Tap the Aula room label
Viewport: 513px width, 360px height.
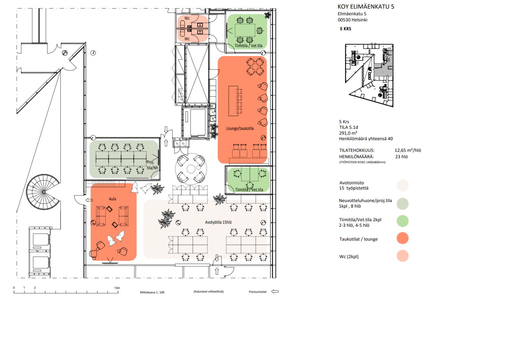pyautogui.click(x=112, y=199)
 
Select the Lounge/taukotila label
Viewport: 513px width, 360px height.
pyautogui.click(x=240, y=129)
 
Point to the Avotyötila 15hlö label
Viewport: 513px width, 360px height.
pyautogui.click(x=218, y=222)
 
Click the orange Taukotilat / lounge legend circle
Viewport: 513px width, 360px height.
pyautogui.click(x=403, y=238)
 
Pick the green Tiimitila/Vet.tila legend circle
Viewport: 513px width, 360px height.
pyautogui.click(x=403, y=221)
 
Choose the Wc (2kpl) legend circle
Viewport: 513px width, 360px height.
pyautogui.click(x=403, y=256)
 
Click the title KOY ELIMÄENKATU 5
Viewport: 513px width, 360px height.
pyautogui.click(x=366, y=6)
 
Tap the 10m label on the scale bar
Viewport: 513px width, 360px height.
pyautogui.click(x=117, y=288)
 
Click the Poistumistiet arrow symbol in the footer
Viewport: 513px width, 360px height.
pyautogui.click(x=275, y=292)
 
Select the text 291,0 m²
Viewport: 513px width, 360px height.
pyautogui.click(x=348, y=133)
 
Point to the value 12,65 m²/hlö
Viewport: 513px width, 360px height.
pyautogui.click(x=408, y=150)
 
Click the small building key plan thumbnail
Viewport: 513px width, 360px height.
pyautogui.click(x=369, y=75)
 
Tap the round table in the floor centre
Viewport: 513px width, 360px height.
pyautogui.click(x=191, y=169)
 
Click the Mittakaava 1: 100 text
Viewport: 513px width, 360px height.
pyautogui.click(x=152, y=292)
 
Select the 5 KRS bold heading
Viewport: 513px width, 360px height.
pyautogui.click(x=345, y=29)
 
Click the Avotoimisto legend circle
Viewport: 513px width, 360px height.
pyautogui.click(x=403, y=186)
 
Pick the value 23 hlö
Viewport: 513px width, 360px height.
pyautogui.click(x=401, y=157)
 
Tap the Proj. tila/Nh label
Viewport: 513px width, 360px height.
pyautogui.click(x=152, y=165)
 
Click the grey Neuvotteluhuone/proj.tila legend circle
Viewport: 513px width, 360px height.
pyautogui.click(x=403, y=203)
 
